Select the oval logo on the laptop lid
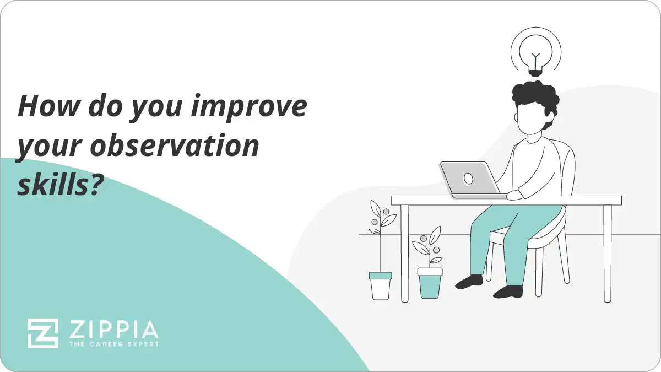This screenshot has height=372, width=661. coord(468,179)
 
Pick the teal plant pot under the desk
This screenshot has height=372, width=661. coord(430,282)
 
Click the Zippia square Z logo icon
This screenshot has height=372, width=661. coord(43,333)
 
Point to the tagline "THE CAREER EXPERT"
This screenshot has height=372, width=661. coord(113,344)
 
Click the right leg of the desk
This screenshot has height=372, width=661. coord(607,254)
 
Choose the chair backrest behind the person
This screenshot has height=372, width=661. coord(567,165)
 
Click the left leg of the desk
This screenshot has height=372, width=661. coord(405,254)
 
